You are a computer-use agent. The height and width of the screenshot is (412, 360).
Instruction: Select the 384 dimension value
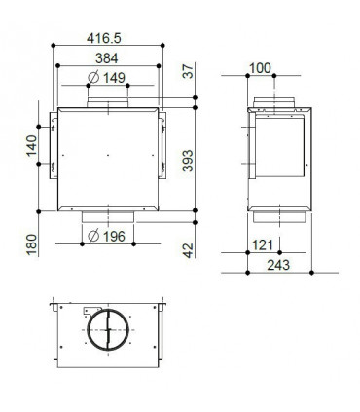[106, 58]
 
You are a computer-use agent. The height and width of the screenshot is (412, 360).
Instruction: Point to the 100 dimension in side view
[260, 67]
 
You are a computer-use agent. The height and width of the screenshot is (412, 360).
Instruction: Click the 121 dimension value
[262, 243]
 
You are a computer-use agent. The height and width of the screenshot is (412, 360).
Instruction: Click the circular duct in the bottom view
[107, 330]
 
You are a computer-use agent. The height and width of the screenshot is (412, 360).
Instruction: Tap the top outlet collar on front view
[106, 102]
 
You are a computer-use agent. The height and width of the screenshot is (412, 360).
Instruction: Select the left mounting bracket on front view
[46, 146]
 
